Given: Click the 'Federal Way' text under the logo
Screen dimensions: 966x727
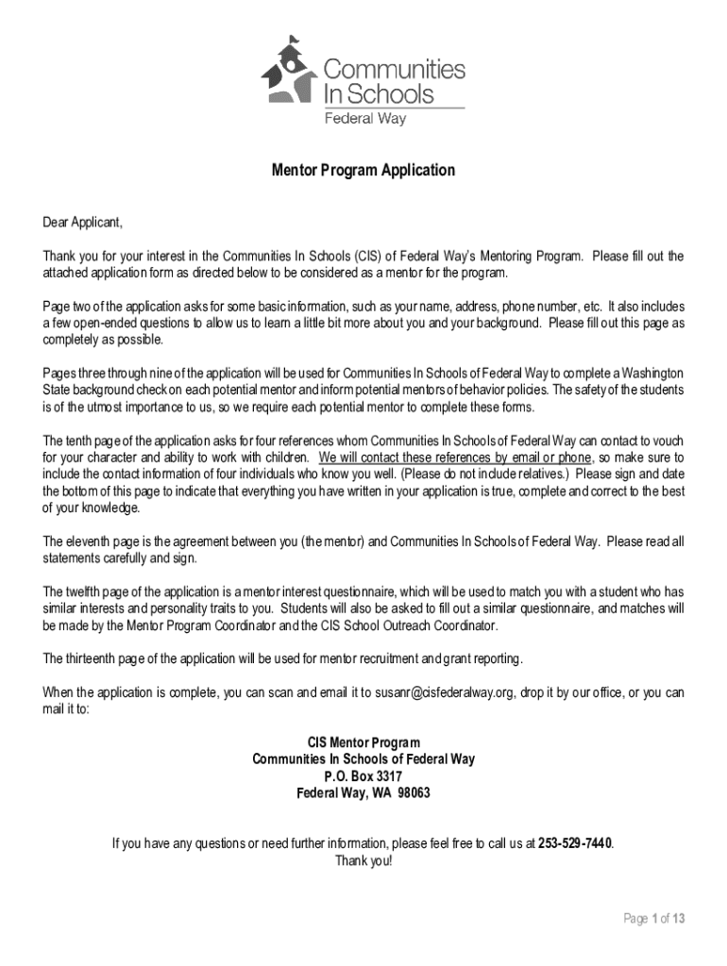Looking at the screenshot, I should point(365,119).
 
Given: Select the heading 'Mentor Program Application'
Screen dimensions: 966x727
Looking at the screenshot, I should point(363,171).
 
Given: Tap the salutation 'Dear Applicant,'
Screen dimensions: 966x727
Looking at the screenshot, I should point(83,223).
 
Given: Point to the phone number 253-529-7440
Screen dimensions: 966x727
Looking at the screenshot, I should point(575,842).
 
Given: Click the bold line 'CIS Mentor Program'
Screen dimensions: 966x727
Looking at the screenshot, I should point(363,742).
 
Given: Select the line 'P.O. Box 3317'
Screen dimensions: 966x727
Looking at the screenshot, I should point(363,776).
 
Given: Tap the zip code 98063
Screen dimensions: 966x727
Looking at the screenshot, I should point(413,793).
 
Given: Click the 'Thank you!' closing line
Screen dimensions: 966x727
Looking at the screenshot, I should point(363,860).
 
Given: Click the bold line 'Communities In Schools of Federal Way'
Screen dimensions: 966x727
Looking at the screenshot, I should point(363,759).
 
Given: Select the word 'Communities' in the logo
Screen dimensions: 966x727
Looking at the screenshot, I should point(395,69).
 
